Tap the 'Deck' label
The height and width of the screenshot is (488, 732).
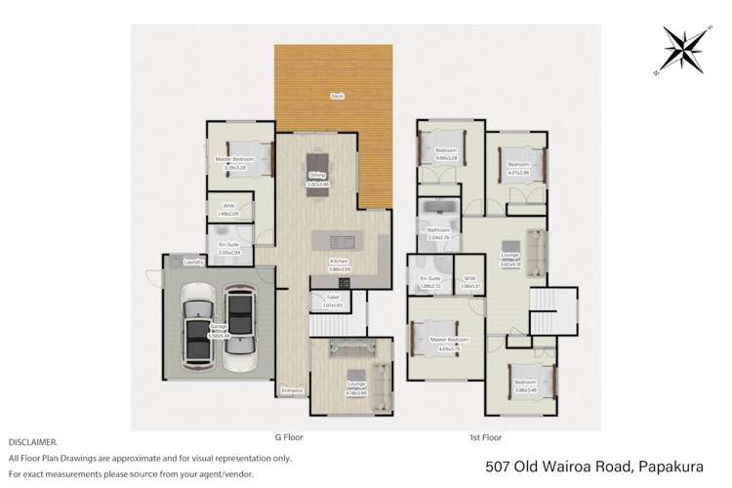point(337,97)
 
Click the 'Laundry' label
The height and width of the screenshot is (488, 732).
point(192,262)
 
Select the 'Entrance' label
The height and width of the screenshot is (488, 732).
point(292,391)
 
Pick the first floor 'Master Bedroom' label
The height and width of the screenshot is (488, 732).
point(449,340)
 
